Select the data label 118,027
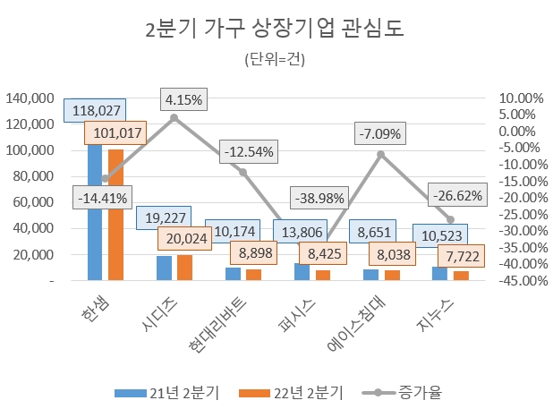95,110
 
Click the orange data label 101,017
116,134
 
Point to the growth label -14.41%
102,197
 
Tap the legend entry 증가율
417,392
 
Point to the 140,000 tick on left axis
29,98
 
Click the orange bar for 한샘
115,215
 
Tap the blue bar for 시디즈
165,268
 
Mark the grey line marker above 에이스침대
380,154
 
